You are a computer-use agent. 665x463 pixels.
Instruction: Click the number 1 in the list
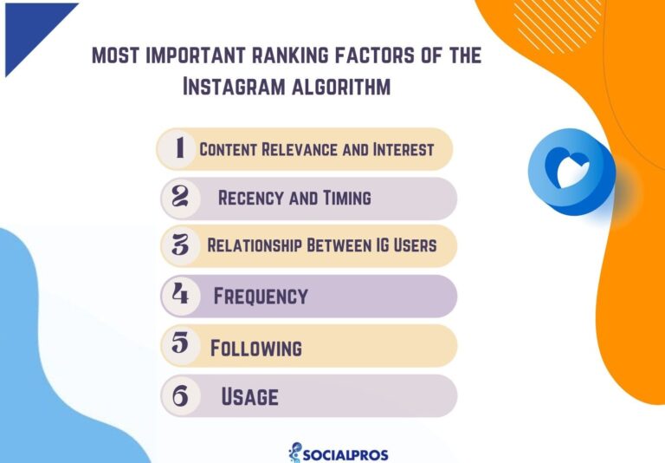tap(180, 148)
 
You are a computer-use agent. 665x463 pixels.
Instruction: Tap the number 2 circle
tap(180, 197)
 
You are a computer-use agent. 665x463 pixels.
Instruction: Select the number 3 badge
tap(180, 245)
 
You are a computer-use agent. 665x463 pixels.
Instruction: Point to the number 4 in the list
tap(180, 295)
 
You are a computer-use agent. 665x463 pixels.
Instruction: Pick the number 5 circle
tap(180, 344)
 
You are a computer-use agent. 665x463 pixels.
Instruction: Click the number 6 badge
tap(180, 395)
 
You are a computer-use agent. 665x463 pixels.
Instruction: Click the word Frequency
tap(261, 296)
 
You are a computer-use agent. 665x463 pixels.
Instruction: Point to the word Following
tap(256, 349)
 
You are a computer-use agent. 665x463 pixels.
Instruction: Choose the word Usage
tap(249, 397)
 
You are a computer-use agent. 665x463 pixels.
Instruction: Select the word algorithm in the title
tap(339, 88)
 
